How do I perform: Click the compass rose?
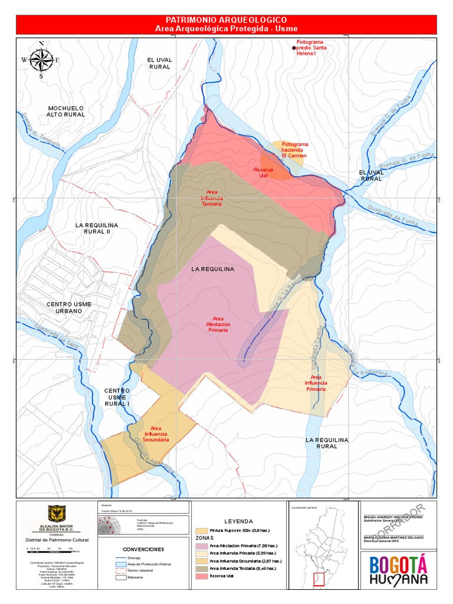pyautogui.click(x=41, y=60)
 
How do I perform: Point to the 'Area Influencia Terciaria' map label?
pyautogui.click(x=211, y=198)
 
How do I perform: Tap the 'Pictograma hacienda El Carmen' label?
pyautogui.click(x=294, y=150)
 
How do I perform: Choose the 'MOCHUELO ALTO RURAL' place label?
pyautogui.click(x=67, y=111)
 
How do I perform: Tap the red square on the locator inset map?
pyautogui.click(x=320, y=580)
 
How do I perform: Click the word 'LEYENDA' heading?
pyautogui.click(x=238, y=521)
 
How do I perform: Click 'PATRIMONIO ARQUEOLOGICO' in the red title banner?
pyautogui.click(x=226, y=20)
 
